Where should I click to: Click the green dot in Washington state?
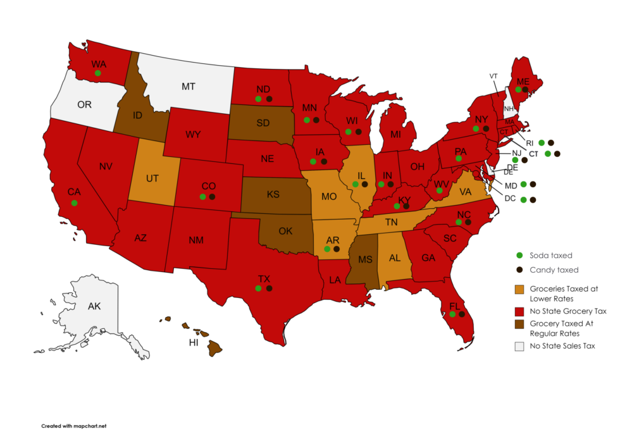coord(97,73)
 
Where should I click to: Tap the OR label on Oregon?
coord(84,104)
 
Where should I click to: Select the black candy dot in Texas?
coord(269,288)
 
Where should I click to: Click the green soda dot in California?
coord(75,202)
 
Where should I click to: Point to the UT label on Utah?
coord(152,179)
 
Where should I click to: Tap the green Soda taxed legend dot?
coord(519,256)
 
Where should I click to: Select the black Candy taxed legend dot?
coord(519,270)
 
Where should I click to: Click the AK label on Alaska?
coord(94,306)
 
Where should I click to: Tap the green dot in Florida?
coord(452,314)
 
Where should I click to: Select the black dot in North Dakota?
coord(269,99)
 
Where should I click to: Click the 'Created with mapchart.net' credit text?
coord(74,426)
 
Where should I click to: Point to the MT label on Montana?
coord(188,86)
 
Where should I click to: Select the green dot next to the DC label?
coord(523,200)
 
